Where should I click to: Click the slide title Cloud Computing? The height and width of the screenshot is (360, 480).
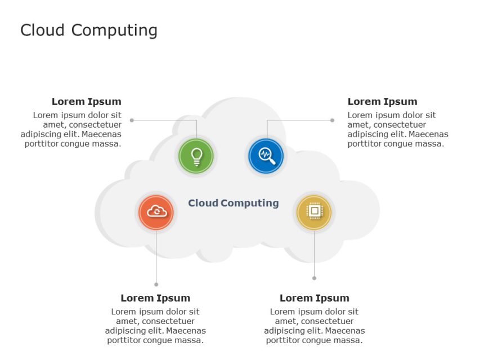click(89, 30)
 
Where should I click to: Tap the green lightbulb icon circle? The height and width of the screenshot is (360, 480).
click(196, 155)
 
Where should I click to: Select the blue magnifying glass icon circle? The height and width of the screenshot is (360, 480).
click(266, 155)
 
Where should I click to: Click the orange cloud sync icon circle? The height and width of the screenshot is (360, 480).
click(156, 212)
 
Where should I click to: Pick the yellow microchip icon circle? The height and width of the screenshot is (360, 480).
click(314, 212)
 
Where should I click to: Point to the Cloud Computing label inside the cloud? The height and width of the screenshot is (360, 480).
click(233, 203)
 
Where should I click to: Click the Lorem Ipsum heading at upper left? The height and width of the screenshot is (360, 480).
click(86, 102)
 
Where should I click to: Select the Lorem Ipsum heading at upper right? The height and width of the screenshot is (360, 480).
click(382, 102)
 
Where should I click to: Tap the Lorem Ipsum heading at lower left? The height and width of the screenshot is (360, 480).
click(155, 298)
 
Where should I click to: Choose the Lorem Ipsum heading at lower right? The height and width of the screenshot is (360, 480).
click(314, 298)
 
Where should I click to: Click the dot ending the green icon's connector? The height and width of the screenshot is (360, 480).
click(132, 120)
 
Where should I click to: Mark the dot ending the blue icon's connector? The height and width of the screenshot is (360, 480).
click(332, 120)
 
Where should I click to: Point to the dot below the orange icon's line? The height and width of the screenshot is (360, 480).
click(156, 285)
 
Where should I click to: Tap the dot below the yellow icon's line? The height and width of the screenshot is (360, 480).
click(314, 278)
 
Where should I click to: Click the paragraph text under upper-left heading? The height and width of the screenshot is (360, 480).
click(71, 129)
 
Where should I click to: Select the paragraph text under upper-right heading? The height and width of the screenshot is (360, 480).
click(397, 129)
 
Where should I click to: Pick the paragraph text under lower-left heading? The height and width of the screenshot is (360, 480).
click(155, 326)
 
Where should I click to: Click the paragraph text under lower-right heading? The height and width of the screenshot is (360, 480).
click(314, 326)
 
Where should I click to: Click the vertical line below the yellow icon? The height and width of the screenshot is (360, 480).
click(314, 253)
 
